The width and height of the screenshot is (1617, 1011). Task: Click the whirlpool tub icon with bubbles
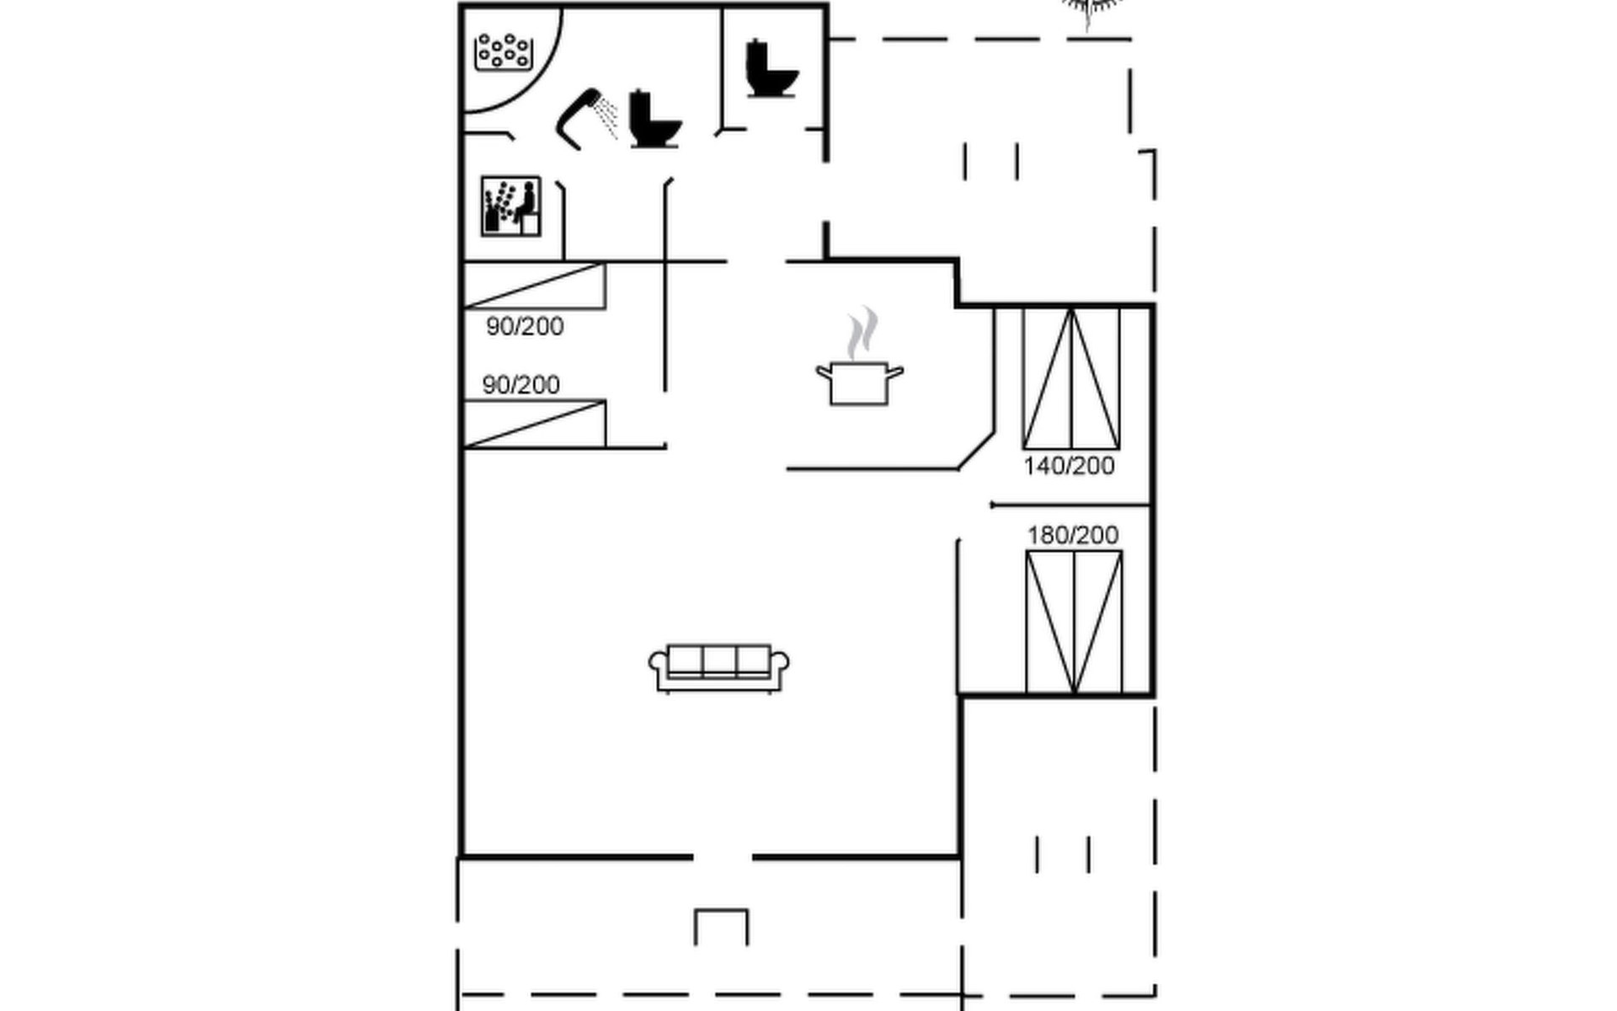coord(504,52)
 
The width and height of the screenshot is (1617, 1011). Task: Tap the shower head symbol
coord(578,119)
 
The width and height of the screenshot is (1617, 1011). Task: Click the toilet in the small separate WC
coord(771,68)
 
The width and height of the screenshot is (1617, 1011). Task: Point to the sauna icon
coord(510,206)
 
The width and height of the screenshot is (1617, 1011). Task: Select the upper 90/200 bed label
coord(525,327)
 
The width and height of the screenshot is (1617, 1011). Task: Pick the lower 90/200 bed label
coord(520,385)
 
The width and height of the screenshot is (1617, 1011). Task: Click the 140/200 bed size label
coord(1069,466)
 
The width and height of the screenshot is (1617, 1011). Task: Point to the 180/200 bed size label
coord(1073,535)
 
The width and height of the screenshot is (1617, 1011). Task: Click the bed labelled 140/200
coord(1071,378)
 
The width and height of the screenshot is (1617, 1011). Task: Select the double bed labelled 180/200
coord(1074,622)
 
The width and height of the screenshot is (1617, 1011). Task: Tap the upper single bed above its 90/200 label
coord(534,286)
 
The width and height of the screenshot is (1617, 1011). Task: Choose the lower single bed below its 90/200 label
coord(534,424)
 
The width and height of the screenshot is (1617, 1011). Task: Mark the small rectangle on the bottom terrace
coord(721,927)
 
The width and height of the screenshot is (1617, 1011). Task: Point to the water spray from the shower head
coord(606,118)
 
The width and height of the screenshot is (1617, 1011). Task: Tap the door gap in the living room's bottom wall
coord(722,857)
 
